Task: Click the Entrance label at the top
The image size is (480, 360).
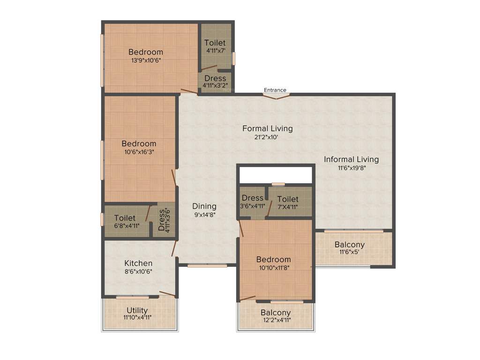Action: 275,90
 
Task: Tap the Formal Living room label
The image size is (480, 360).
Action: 267,128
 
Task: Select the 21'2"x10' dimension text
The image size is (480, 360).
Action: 267,137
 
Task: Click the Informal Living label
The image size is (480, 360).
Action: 351,159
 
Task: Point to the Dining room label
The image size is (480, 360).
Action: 204,206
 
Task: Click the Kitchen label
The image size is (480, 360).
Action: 138,263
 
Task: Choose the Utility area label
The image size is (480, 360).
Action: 137,310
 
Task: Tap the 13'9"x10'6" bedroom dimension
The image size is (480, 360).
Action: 146,60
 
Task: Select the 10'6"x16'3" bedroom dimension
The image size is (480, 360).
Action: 139,152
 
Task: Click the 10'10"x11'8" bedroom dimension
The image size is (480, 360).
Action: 273,268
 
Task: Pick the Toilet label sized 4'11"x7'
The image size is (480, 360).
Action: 215,43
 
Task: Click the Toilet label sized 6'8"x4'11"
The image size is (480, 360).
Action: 125,218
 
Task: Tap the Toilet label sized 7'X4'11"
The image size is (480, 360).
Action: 288,199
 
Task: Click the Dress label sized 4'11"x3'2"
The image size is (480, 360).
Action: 215,78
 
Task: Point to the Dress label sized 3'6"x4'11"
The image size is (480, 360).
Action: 253,198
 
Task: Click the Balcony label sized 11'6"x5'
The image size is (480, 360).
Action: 349,245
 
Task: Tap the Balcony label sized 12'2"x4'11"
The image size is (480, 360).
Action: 276,313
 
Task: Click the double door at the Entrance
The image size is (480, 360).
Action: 276,97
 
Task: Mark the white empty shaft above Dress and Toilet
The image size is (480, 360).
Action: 276,175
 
